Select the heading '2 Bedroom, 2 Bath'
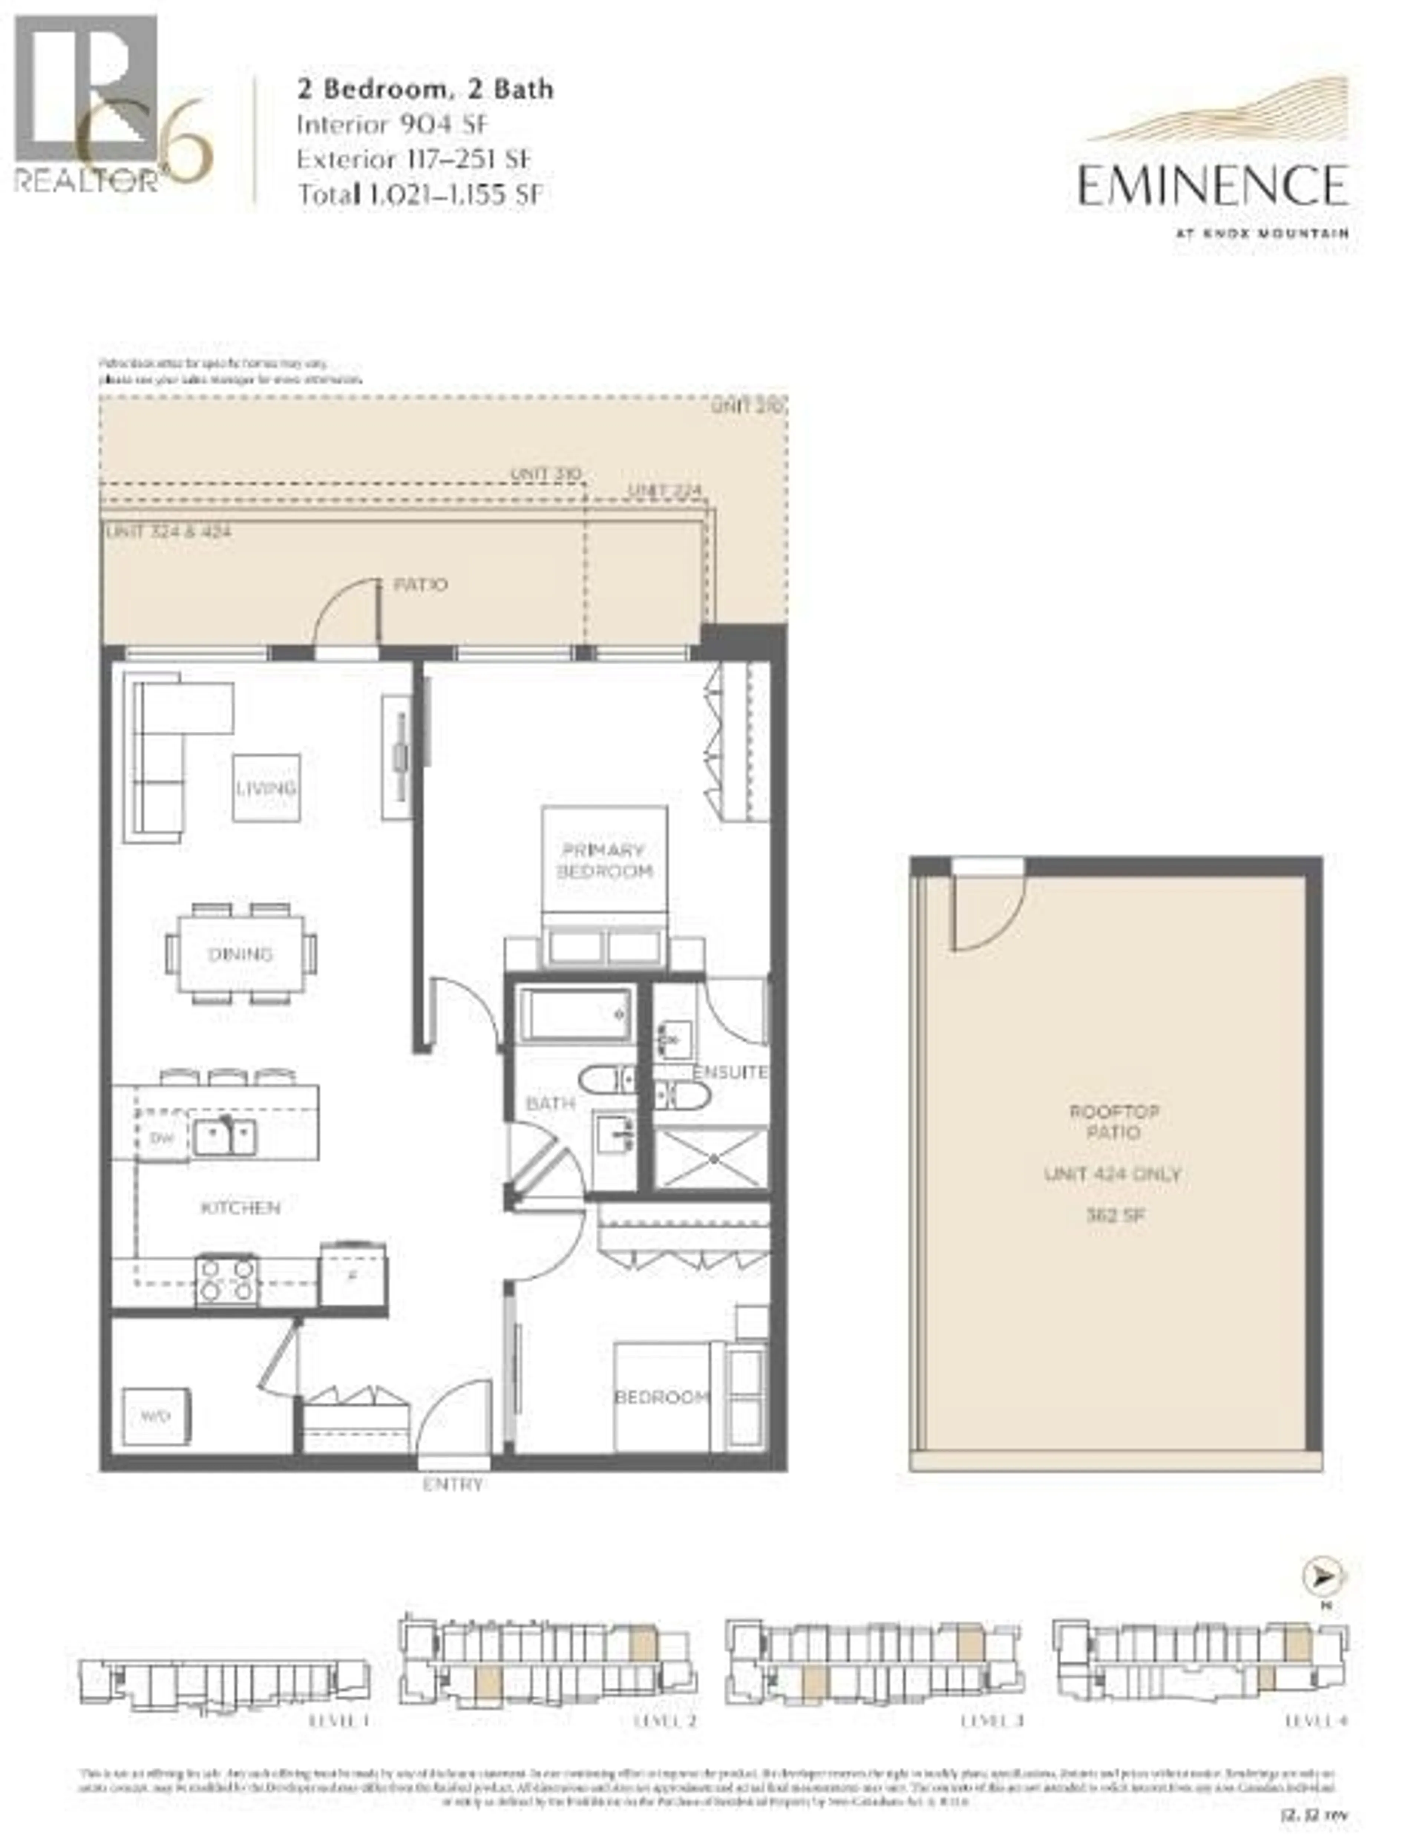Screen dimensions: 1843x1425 pyautogui.click(x=425, y=89)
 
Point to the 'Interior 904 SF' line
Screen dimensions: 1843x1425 pyautogui.click(x=392, y=125)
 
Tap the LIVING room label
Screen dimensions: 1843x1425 pyautogui.click(x=266, y=788)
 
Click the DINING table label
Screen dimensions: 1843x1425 pyautogui.click(x=240, y=954)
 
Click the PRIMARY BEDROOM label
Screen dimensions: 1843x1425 pyautogui.click(x=604, y=861)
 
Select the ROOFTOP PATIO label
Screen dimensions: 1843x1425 pyautogui.click(x=1114, y=1122)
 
